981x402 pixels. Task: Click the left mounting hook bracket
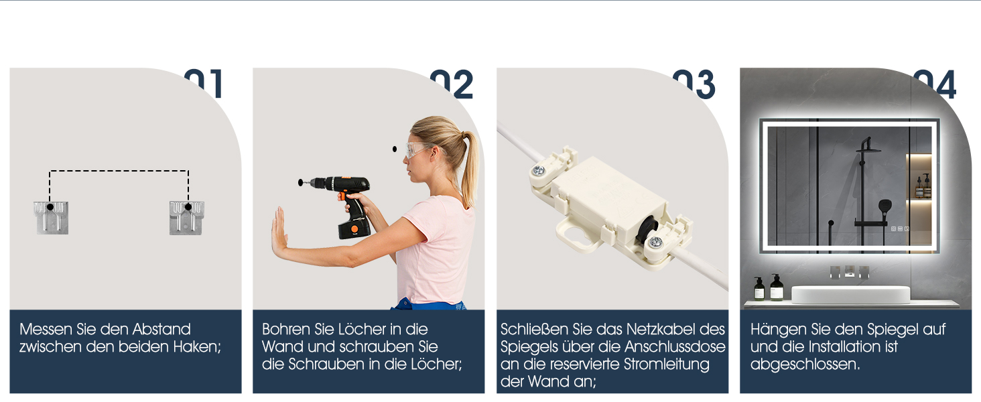(51, 218)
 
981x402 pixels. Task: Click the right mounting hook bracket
(186, 218)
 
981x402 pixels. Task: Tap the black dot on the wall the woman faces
(395, 149)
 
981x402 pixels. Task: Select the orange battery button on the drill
(354, 228)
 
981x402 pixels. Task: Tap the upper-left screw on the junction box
(538, 170)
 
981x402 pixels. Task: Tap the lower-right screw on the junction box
(655, 242)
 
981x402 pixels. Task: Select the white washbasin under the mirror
(850, 295)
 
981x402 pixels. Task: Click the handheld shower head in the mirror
(885, 207)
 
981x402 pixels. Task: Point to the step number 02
(452, 84)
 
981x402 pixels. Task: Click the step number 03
(694, 84)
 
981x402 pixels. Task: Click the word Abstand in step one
(161, 330)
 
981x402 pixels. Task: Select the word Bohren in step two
(286, 330)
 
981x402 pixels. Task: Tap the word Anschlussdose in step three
(675, 347)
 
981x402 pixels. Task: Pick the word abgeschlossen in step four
(805, 364)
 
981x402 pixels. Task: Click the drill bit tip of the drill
(300, 183)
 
